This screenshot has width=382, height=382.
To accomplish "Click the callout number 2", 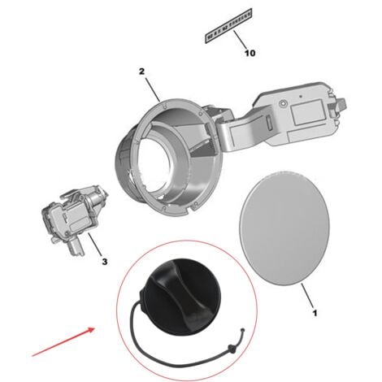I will click(x=141, y=72).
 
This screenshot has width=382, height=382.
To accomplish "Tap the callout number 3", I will click(x=104, y=262).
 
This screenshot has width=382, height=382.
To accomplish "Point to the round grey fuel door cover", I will click(x=284, y=231).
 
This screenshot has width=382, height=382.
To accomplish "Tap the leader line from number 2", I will click(x=150, y=88).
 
